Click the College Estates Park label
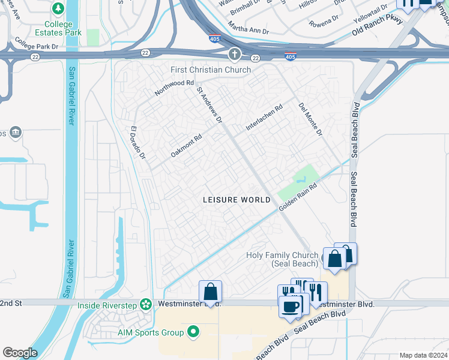[x=58, y=28]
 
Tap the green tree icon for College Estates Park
[x=58, y=9]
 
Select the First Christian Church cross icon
[x=234, y=55]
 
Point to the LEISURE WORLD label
[x=237, y=200]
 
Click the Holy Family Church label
[x=282, y=259]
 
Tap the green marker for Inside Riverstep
[x=145, y=305]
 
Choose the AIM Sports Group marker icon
[x=193, y=331]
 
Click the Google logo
[x=20, y=353]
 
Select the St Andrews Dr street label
[x=209, y=103]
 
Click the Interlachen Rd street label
[x=264, y=119]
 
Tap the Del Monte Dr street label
[x=310, y=118]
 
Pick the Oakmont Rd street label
[x=186, y=145]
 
